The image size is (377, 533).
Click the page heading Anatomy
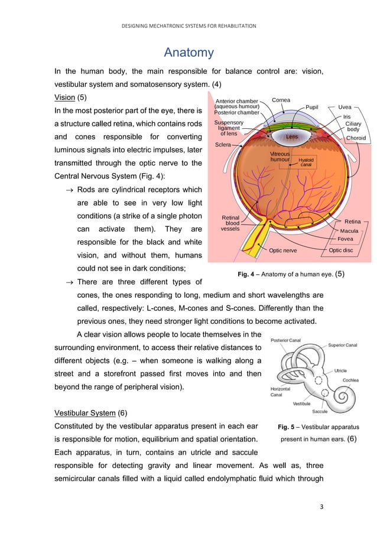(188, 53)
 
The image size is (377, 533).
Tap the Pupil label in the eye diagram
(312, 108)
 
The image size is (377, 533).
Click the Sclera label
(223, 144)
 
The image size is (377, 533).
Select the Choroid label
(356, 138)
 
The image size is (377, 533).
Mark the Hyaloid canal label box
(306, 162)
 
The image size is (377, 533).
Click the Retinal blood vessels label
(230, 223)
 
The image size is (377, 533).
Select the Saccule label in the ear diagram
(320, 411)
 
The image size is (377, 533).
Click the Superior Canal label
(343, 344)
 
